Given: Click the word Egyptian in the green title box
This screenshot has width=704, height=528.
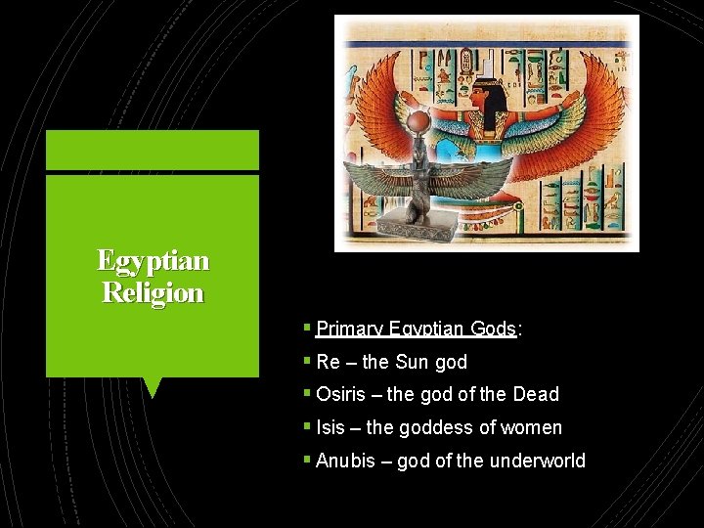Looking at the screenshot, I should pyautogui.click(x=153, y=260).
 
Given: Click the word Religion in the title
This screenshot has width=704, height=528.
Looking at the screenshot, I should pyautogui.click(x=153, y=292).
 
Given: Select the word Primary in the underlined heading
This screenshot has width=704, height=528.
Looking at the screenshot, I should pyautogui.click(x=350, y=330).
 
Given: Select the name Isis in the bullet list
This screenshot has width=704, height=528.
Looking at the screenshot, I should pyautogui.click(x=330, y=427).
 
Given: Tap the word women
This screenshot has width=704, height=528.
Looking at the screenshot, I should pyautogui.click(x=532, y=427).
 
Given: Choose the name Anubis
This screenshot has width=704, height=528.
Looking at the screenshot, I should pyautogui.click(x=346, y=461).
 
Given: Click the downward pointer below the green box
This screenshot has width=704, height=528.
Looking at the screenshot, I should pyautogui.click(x=152, y=388).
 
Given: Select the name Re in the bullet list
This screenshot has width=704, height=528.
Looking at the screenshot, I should pyautogui.click(x=329, y=362).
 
